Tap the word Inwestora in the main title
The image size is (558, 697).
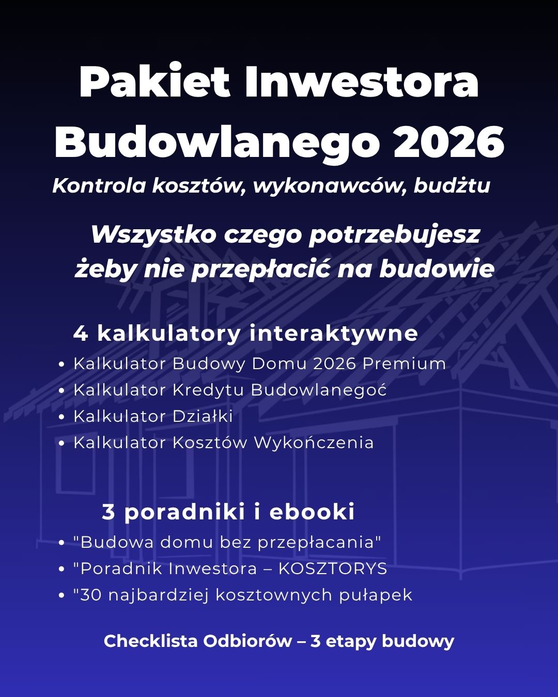coord(362,83)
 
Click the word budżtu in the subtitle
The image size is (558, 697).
coord(452,186)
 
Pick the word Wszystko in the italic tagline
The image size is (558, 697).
coord(153,235)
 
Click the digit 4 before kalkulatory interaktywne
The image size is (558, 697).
coord(81,334)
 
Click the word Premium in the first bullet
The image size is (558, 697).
coord(404,363)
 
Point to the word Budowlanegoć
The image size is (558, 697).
coord(319,390)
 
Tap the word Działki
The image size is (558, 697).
coord(203,416)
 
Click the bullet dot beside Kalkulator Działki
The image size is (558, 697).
coord(62,417)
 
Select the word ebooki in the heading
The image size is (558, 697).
coord(312,512)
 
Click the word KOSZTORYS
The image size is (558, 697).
coord(333,568)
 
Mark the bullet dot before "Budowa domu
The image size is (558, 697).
coord(62,543)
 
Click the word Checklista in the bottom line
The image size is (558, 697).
coord(150,641)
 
